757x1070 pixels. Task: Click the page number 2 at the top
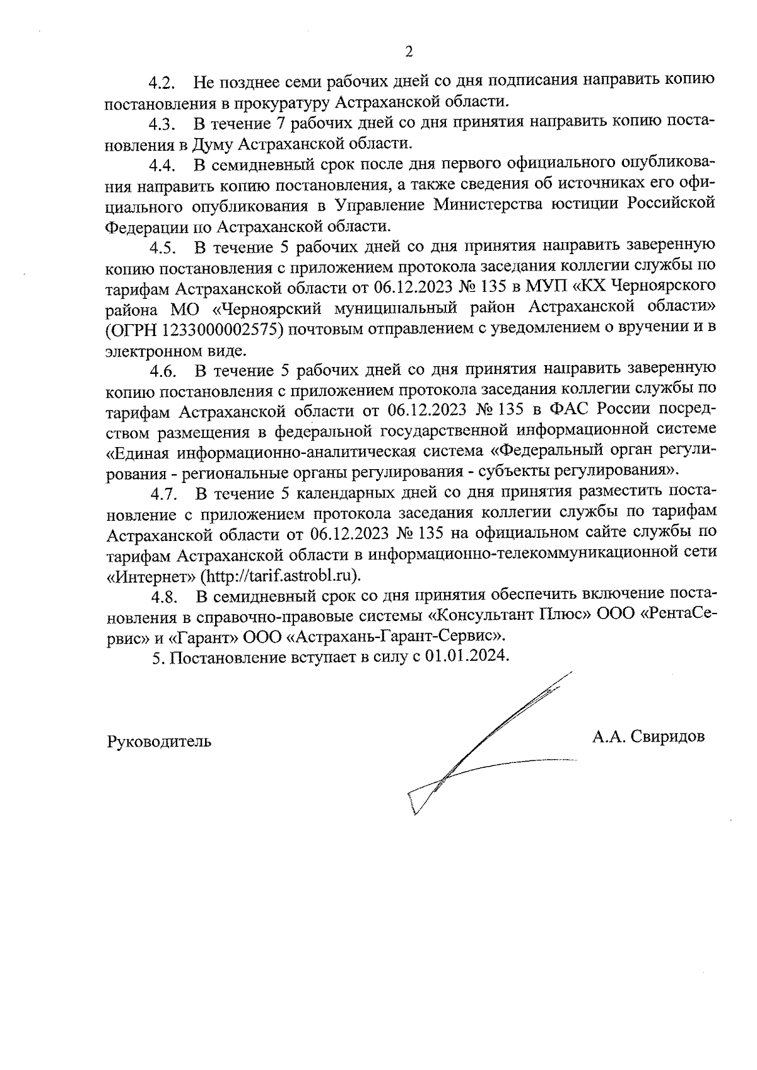(x=409, y=52)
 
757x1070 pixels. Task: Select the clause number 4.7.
(x=163, y=493)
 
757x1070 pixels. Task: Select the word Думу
(x=212, y=144)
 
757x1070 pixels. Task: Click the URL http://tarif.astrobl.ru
(x=283, y=576)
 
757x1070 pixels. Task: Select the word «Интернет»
(x=150, y=576)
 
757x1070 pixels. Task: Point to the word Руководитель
(x=159, y=741)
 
